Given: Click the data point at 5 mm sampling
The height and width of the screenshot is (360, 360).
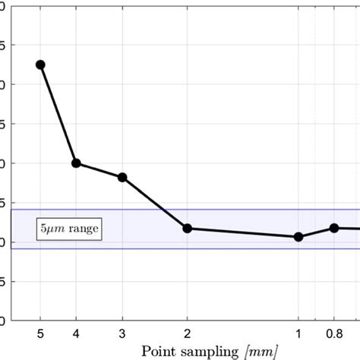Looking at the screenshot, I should point(40,65).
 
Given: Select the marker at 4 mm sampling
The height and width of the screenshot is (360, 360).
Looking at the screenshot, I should point(76,163).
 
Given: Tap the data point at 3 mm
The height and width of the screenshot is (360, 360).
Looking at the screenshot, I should point(122,177).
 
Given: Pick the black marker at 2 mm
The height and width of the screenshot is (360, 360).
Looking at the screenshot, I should point(188,228).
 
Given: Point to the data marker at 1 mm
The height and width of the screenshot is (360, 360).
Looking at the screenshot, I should point(298,237).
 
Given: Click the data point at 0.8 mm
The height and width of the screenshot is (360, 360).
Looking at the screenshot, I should point(333,228).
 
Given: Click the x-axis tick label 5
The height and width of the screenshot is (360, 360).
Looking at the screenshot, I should point(40,333).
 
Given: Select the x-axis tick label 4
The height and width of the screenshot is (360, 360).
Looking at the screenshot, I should point(76,333).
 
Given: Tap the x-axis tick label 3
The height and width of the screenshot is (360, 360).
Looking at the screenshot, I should point(122,333).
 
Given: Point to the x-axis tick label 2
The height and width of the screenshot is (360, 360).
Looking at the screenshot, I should point(188,333).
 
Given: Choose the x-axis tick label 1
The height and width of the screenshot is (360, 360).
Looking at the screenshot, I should point(298,333).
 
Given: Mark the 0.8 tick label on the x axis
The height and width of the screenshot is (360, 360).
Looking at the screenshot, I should point(333,333).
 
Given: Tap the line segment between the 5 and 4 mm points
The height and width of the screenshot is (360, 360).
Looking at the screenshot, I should point(58,114).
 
